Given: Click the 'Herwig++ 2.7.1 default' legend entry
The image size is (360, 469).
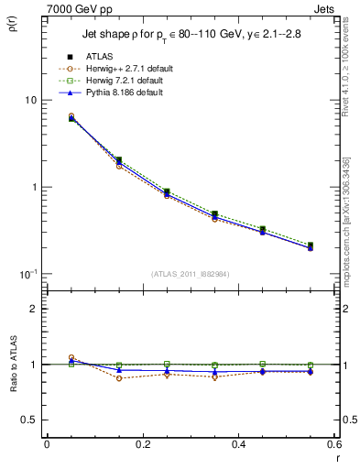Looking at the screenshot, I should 135,69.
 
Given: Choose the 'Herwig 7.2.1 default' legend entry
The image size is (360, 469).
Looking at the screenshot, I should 133,81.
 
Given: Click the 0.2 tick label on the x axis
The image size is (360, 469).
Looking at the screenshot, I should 142,444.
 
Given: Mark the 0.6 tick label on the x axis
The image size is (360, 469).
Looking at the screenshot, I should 333,444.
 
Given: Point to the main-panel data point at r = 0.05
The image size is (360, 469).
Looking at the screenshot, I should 71,118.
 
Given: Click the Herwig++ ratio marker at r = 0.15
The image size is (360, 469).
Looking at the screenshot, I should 119,378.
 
